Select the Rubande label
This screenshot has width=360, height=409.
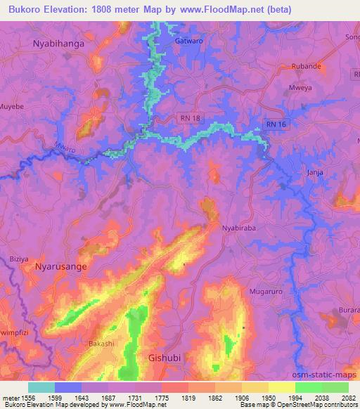tap(307, 66)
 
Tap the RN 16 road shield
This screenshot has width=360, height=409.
tap(278, 124)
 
